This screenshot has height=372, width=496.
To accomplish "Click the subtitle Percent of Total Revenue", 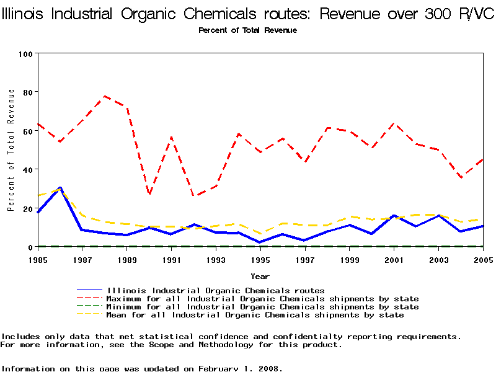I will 247,30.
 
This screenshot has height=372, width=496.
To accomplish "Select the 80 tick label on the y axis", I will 27,92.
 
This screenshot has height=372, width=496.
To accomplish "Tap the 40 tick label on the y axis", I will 27,169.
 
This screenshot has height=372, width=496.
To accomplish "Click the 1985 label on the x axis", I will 38,260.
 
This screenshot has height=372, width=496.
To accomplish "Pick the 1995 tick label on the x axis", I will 260,260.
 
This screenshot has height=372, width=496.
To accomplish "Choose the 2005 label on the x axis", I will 482,260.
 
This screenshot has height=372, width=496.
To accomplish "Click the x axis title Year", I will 260,277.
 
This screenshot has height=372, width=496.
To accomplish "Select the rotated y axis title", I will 11,150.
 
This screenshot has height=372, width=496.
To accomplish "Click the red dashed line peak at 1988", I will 105,96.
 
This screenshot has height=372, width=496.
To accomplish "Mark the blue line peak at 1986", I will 60,187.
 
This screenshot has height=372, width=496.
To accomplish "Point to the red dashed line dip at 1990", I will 149,194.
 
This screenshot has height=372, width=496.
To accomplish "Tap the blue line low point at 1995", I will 260,242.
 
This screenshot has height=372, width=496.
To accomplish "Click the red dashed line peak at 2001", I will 394,124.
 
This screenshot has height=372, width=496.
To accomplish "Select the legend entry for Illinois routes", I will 216,290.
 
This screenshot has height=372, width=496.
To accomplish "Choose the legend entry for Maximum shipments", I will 263,299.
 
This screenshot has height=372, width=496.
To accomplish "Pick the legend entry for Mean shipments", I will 255,315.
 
